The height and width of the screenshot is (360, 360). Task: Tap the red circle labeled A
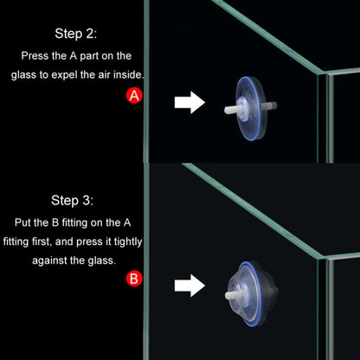pos(134,97)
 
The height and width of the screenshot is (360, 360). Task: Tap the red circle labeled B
pos(134,279)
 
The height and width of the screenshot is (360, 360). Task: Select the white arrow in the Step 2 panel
pos(190,103)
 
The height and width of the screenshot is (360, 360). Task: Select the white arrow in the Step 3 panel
pos(190,284)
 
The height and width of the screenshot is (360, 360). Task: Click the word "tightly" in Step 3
pos(122,240)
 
